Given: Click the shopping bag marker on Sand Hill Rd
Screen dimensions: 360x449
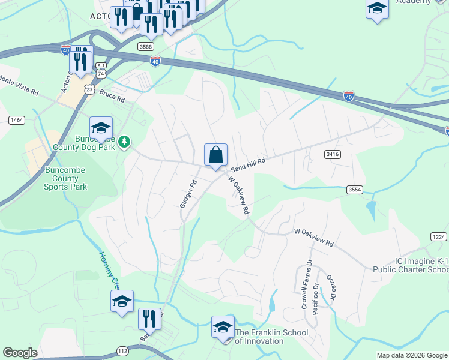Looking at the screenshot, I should tap(215, 155).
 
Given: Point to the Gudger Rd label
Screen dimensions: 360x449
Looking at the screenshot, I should tap(188, 194).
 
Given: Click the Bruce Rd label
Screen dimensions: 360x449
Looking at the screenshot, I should tap(112, 95).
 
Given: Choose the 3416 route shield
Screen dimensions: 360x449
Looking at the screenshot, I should tap(333, 154).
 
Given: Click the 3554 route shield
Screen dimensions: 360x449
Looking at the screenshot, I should tap(355, 190).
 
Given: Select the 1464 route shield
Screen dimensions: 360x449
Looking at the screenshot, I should tap(17, 120).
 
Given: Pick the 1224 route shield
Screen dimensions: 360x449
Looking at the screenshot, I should tap(439, 237).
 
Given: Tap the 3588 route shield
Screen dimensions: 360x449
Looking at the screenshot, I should tap(145, 46).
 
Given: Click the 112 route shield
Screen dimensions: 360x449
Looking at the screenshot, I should tap(122, 351).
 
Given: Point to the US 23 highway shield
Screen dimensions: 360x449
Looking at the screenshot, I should tap(89, 89).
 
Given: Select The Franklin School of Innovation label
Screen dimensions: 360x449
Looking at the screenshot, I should tap(271, 337).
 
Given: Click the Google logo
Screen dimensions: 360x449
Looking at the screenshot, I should tap(20, 353).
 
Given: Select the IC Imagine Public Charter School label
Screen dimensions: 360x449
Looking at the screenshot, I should tap(413, 266).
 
